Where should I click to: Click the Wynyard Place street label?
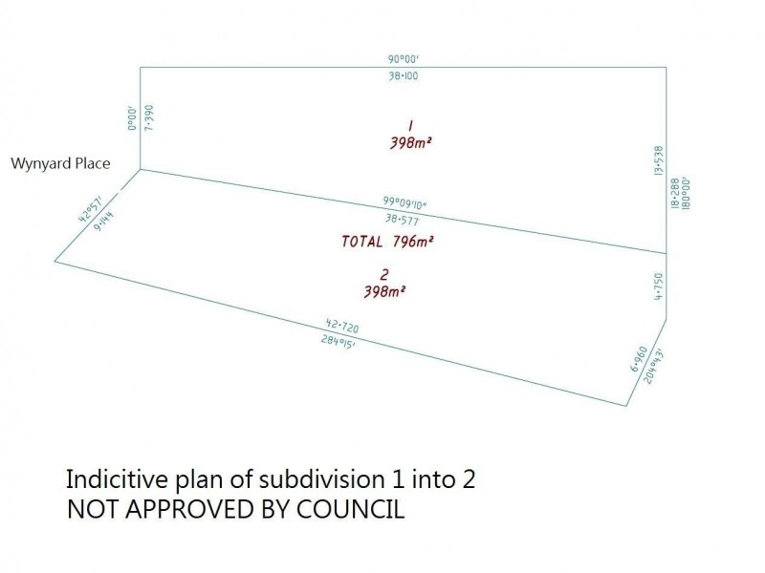60,163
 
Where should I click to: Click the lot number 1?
409,125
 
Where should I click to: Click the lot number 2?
383,273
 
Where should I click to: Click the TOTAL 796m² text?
388,242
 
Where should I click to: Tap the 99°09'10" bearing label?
405,202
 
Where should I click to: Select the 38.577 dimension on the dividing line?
401,219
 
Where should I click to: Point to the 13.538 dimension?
658,160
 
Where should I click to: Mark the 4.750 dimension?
657,286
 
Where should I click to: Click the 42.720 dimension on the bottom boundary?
343,327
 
